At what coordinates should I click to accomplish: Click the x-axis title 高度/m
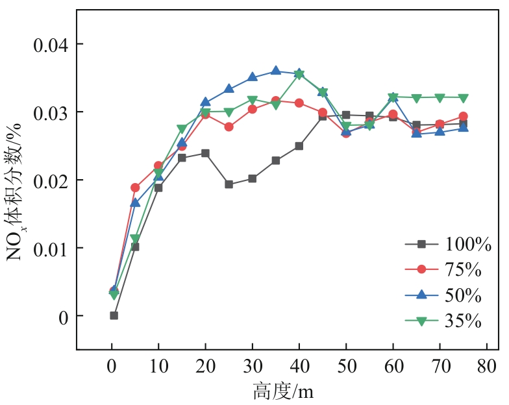tap(284, 391)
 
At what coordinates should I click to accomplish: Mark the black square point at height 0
tap(114, 315)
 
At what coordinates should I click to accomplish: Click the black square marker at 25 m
tap(229, 184)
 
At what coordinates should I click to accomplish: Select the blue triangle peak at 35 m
tap(275, 71)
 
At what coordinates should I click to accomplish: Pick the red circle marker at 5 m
tap(135, 188)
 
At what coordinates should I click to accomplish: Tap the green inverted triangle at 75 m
tap(463, 98)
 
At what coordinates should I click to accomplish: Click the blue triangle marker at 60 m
tap(392, 97)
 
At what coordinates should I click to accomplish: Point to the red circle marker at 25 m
tap(229, 127)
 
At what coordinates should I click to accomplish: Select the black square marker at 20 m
tap(205, 153)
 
